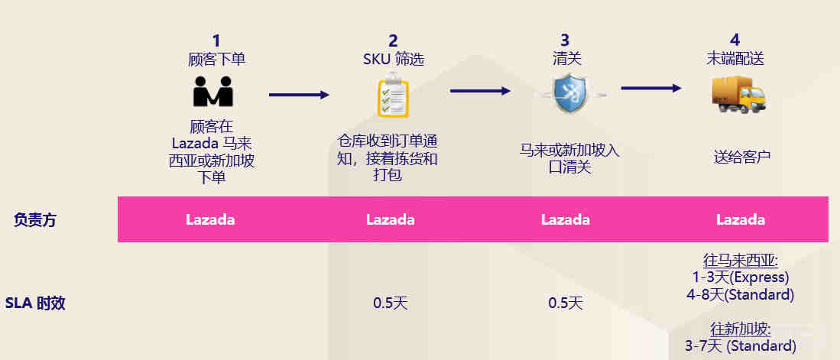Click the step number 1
click(x=216, y=41)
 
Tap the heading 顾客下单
click(x=216, y=59)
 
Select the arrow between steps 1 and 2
click(x=299, y=95)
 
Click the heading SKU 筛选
click(x=393, y=59)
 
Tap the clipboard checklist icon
click(x=392, y=95)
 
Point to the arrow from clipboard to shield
click(x=480, y=91)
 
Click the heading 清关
click(x=564, y=58)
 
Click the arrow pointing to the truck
click(x=650, y=88)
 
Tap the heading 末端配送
click(x=735, y=58)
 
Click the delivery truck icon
click(x=738, y=96)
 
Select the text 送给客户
click(x=741, y=157)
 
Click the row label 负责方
click(x=35, y=220)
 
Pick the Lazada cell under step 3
click(x=566, y=219)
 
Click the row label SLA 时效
click(x=35, y=303)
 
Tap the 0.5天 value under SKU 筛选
click(x=391, y=303)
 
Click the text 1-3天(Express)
click(x=739, y=277)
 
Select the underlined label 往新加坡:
click(x=741, y=329)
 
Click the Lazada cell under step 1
click(x=210, y=219)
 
